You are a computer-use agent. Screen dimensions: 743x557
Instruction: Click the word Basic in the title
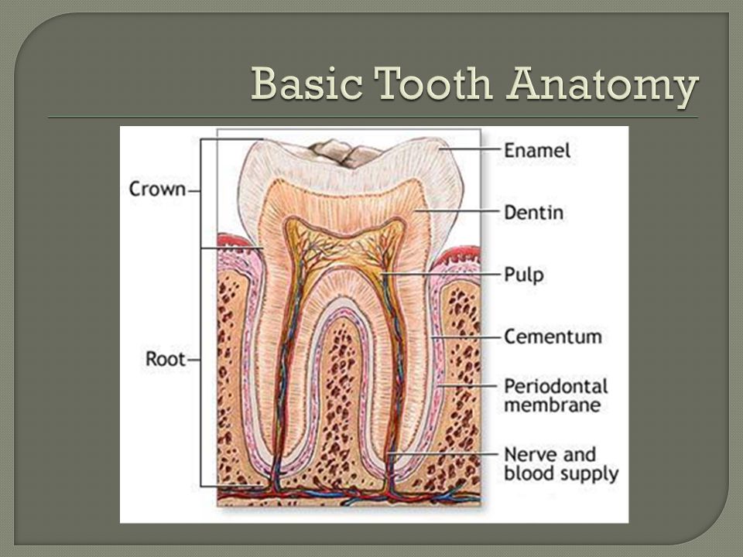307,84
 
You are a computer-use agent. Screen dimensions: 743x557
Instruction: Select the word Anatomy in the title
602,86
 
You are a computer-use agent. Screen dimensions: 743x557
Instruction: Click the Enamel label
537,151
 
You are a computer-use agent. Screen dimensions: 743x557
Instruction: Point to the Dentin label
533,213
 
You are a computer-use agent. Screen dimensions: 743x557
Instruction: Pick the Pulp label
524,275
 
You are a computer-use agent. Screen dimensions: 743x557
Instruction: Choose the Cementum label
553,337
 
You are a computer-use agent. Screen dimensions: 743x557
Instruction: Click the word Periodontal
556,386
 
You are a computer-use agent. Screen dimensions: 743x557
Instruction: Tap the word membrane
552,405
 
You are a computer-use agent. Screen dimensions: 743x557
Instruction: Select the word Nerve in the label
526,455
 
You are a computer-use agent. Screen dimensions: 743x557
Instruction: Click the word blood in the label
527,473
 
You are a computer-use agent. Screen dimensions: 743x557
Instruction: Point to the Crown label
157,189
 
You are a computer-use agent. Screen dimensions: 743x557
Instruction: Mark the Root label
165,358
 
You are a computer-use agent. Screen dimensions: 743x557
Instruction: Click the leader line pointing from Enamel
469,149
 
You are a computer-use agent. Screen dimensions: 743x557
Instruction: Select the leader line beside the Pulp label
440,274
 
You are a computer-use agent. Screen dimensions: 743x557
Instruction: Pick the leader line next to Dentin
457,211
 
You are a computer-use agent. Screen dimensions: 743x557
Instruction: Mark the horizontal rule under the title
373,117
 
